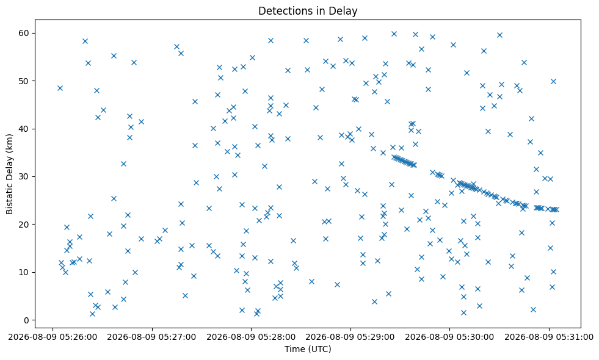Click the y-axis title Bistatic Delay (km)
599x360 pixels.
pos(10,174)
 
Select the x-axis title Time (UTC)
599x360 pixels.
pos(308,349)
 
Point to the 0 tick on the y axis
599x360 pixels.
pos(26,320)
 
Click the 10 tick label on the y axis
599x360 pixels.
pos(24,273)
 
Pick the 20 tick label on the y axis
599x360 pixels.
pos(24,225)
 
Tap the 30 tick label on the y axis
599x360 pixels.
pos(24,177)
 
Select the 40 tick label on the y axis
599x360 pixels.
pos(24,129)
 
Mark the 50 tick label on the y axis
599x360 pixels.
pos(24,81)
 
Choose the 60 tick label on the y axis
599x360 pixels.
pos(24,33)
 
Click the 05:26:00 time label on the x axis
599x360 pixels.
pos(53,337)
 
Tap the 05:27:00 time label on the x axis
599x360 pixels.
pos(151,337)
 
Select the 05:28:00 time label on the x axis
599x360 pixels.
pos(251,337)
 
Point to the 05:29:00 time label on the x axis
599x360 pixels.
pos(350,337)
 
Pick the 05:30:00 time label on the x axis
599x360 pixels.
pos(449,337)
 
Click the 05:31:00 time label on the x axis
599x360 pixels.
pos(549,337)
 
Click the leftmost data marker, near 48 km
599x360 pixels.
pos(60,88)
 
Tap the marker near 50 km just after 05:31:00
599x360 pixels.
pos(553,81)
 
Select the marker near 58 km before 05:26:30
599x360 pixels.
pos(85,41)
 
